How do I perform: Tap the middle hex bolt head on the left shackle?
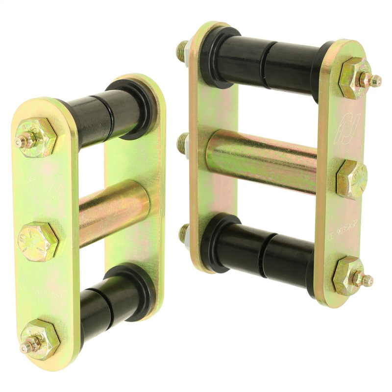pos(38,241)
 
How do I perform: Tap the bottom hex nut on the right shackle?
pos(349,275)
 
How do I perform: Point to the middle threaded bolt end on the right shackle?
pos(182,143)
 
